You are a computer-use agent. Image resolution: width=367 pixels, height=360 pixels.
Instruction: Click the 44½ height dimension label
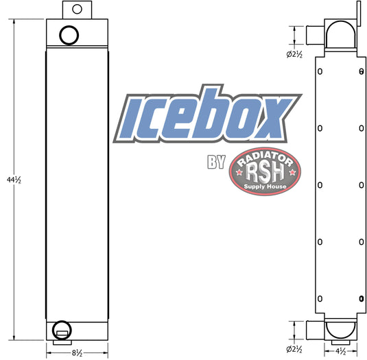point(14,180)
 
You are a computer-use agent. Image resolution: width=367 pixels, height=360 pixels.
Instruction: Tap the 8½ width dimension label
point(77,353)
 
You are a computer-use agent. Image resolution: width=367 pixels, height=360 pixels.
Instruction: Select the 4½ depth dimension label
point(340,351)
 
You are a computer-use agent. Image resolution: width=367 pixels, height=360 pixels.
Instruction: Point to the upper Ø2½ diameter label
point(294,54)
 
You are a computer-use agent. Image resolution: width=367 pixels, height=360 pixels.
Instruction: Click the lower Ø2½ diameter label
point(294,350)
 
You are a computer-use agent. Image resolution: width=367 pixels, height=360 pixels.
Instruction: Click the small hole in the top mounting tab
point(77,10)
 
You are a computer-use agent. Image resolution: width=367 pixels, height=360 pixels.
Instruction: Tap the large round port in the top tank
point(69,35)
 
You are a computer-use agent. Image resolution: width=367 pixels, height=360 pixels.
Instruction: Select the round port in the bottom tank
point(62,330)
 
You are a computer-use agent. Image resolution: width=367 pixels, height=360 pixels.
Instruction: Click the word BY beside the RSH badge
point(216,162)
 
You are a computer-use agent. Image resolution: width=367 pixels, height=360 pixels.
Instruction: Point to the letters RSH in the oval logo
point(265,172)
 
